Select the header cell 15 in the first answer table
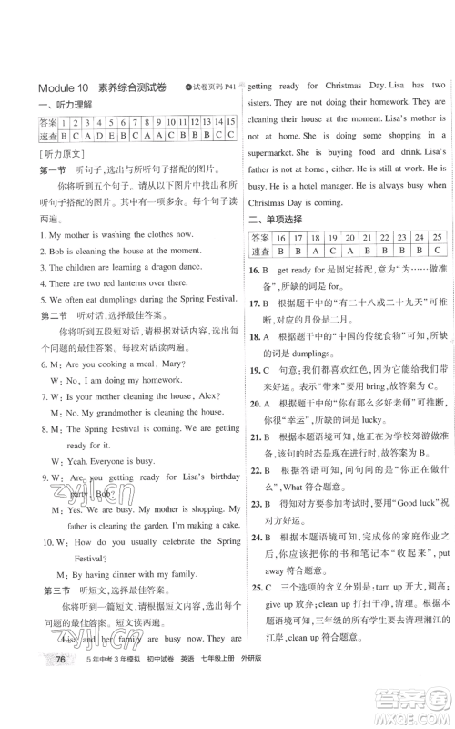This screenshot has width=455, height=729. tap(229, 121)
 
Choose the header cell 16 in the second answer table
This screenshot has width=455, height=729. tap(280, 237)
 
